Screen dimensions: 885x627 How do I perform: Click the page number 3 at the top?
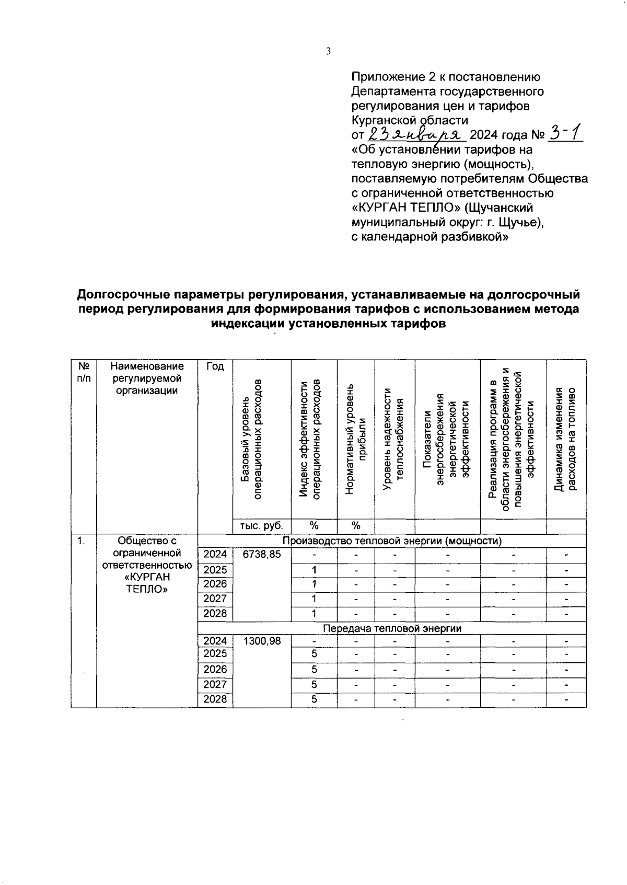[328, 51]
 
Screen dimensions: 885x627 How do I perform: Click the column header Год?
[215, 366]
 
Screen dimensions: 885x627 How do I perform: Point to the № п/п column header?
[83, 372]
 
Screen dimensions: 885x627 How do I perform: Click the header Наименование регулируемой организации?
[147, 378]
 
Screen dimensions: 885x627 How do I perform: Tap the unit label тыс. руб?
[261, 526]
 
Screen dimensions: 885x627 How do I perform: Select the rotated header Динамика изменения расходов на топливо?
[566, 439]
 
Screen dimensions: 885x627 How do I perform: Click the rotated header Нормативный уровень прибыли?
[356, 439]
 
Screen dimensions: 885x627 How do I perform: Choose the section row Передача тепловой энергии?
[392, 628]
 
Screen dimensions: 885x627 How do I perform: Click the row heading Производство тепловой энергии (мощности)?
[392, 541]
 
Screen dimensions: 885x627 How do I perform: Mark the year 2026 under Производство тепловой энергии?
[215, 584]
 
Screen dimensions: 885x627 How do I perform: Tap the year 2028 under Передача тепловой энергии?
[215, 699]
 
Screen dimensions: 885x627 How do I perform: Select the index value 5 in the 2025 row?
[314, 654]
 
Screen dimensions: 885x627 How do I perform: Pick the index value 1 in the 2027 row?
[314, 599]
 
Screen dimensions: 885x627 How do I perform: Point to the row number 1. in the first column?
[81, 541]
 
